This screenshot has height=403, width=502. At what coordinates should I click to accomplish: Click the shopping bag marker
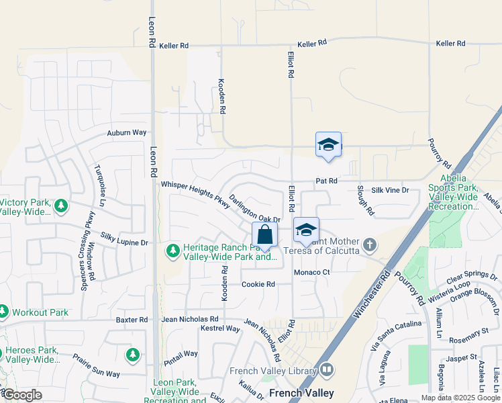(x=265, y=235)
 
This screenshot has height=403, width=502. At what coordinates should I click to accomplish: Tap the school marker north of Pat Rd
(x=328, y=144)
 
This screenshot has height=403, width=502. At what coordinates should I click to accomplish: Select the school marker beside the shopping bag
(x=306, y=230)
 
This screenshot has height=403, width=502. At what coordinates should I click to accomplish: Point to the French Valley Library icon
(x=326, y=369)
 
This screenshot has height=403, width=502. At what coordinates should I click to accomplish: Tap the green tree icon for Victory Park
(x=61, y=205)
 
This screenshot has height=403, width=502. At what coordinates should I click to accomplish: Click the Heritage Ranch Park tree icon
(x=173, y=251)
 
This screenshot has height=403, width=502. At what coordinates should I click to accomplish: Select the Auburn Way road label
(x=127, y=133)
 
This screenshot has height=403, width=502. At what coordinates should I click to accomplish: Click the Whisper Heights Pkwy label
(x=195, y=195)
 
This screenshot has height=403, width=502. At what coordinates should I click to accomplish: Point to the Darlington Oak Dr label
(x=254, y=210)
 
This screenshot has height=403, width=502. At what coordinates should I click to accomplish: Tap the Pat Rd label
(x=326, y=181)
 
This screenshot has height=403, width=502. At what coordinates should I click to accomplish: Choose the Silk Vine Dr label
(x=390, y=191)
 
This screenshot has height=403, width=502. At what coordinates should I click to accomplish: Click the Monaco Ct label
(x=312, y=272)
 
